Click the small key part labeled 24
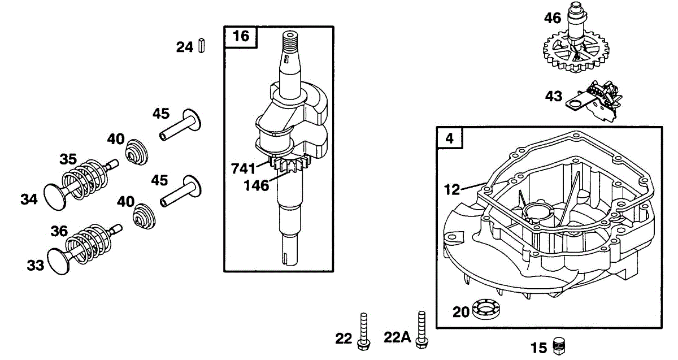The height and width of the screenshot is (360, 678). (x=202, y=46)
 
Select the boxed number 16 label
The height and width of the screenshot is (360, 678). (x=241, y=37)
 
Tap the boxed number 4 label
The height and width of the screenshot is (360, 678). (x=449, y=138)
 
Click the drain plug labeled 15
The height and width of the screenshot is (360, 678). (x=560, y=345)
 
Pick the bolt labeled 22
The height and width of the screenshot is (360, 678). (x=363, y=331)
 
